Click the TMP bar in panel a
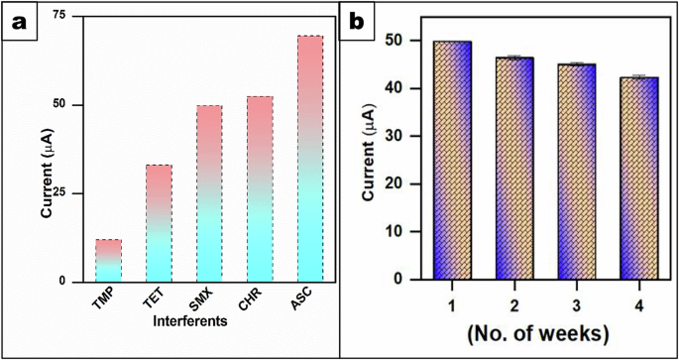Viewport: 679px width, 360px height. pos(108,261)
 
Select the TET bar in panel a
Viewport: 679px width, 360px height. pos(159,223)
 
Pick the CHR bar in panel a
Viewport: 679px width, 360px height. pos(260,188)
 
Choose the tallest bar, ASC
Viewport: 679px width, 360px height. pos(310,159)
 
